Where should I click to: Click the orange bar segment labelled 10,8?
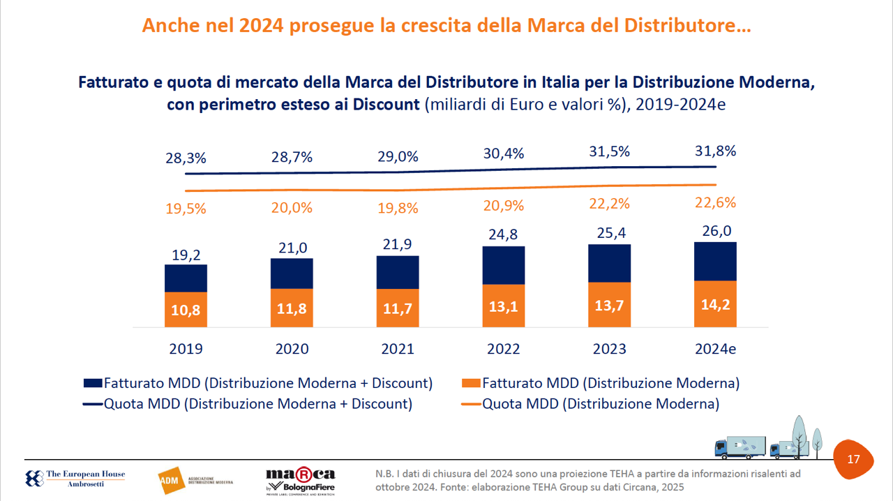[x=186, y=310]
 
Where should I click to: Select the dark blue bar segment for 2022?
[x=504, y=265]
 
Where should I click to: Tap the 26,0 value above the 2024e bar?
[x=715, y=231]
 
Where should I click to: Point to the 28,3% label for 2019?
[x=186, y=158]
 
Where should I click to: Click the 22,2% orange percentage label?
[x=610, y=204]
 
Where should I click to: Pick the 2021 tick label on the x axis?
[x=398, y=349]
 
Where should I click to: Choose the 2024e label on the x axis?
[x=715, y=349]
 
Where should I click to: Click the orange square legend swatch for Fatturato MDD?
[x=471, y=383]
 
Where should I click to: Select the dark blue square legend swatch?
[x=93, y=383]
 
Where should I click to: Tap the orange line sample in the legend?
[x=471, y=404]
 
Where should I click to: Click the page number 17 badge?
[x=853, y=459]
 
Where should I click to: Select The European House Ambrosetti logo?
[x=75, y=479]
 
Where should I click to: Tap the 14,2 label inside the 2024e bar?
[x=715, y=304]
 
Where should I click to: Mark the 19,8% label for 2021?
[x=398, y=208]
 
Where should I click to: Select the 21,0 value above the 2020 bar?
[x=292, y=248]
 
